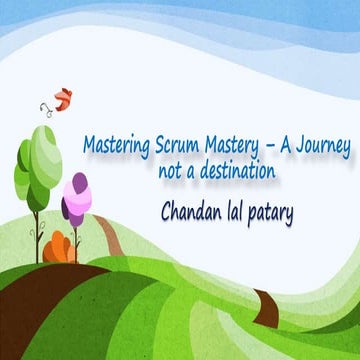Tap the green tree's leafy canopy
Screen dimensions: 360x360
(x=37, y=159)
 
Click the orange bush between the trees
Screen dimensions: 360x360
(x=61, y=246)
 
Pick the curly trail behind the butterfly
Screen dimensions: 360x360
(x=46, y=106)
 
